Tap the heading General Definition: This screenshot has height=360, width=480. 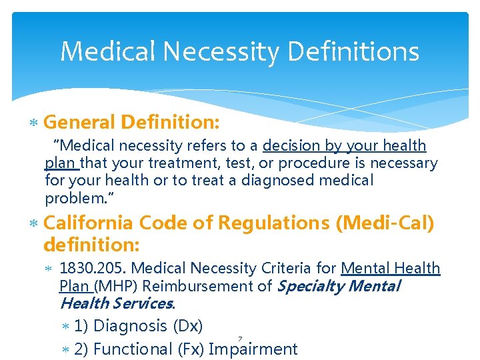131,122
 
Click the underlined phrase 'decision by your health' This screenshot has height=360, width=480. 345,146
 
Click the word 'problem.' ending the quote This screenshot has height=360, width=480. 73,198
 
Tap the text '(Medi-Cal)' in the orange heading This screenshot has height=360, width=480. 385,223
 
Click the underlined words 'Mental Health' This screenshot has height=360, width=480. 391,269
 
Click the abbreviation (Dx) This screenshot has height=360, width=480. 187,327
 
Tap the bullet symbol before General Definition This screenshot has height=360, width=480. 35,123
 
